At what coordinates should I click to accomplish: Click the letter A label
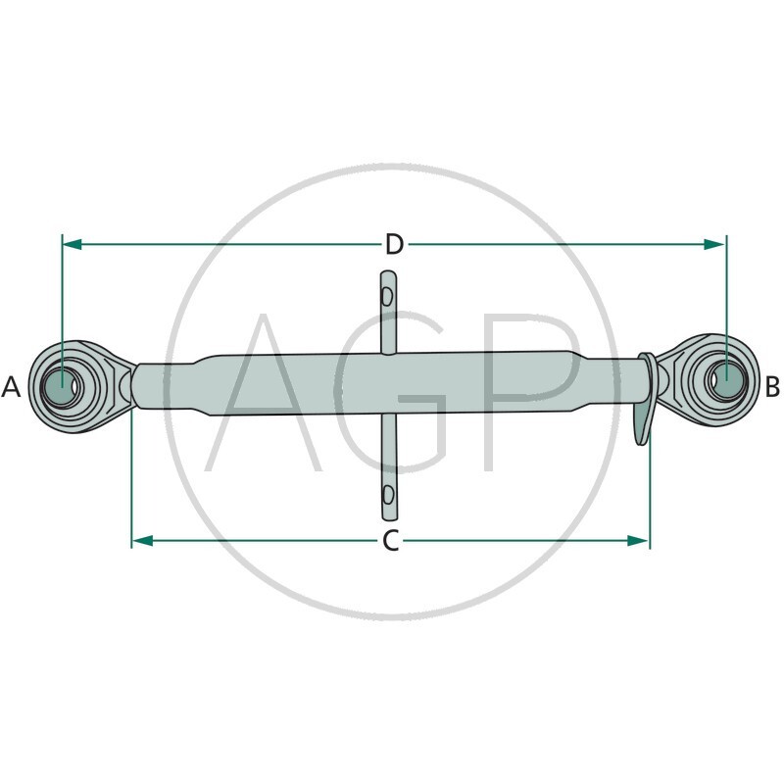click(12, 387)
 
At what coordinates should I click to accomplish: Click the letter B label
click(772, 387)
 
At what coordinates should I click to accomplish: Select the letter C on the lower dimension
click(390, 541)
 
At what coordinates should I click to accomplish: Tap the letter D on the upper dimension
click(394, 244)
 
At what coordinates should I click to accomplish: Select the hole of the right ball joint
click(726, 378)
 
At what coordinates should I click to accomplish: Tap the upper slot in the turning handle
click(388, 295)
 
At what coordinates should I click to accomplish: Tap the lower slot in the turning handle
click(388, 492)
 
